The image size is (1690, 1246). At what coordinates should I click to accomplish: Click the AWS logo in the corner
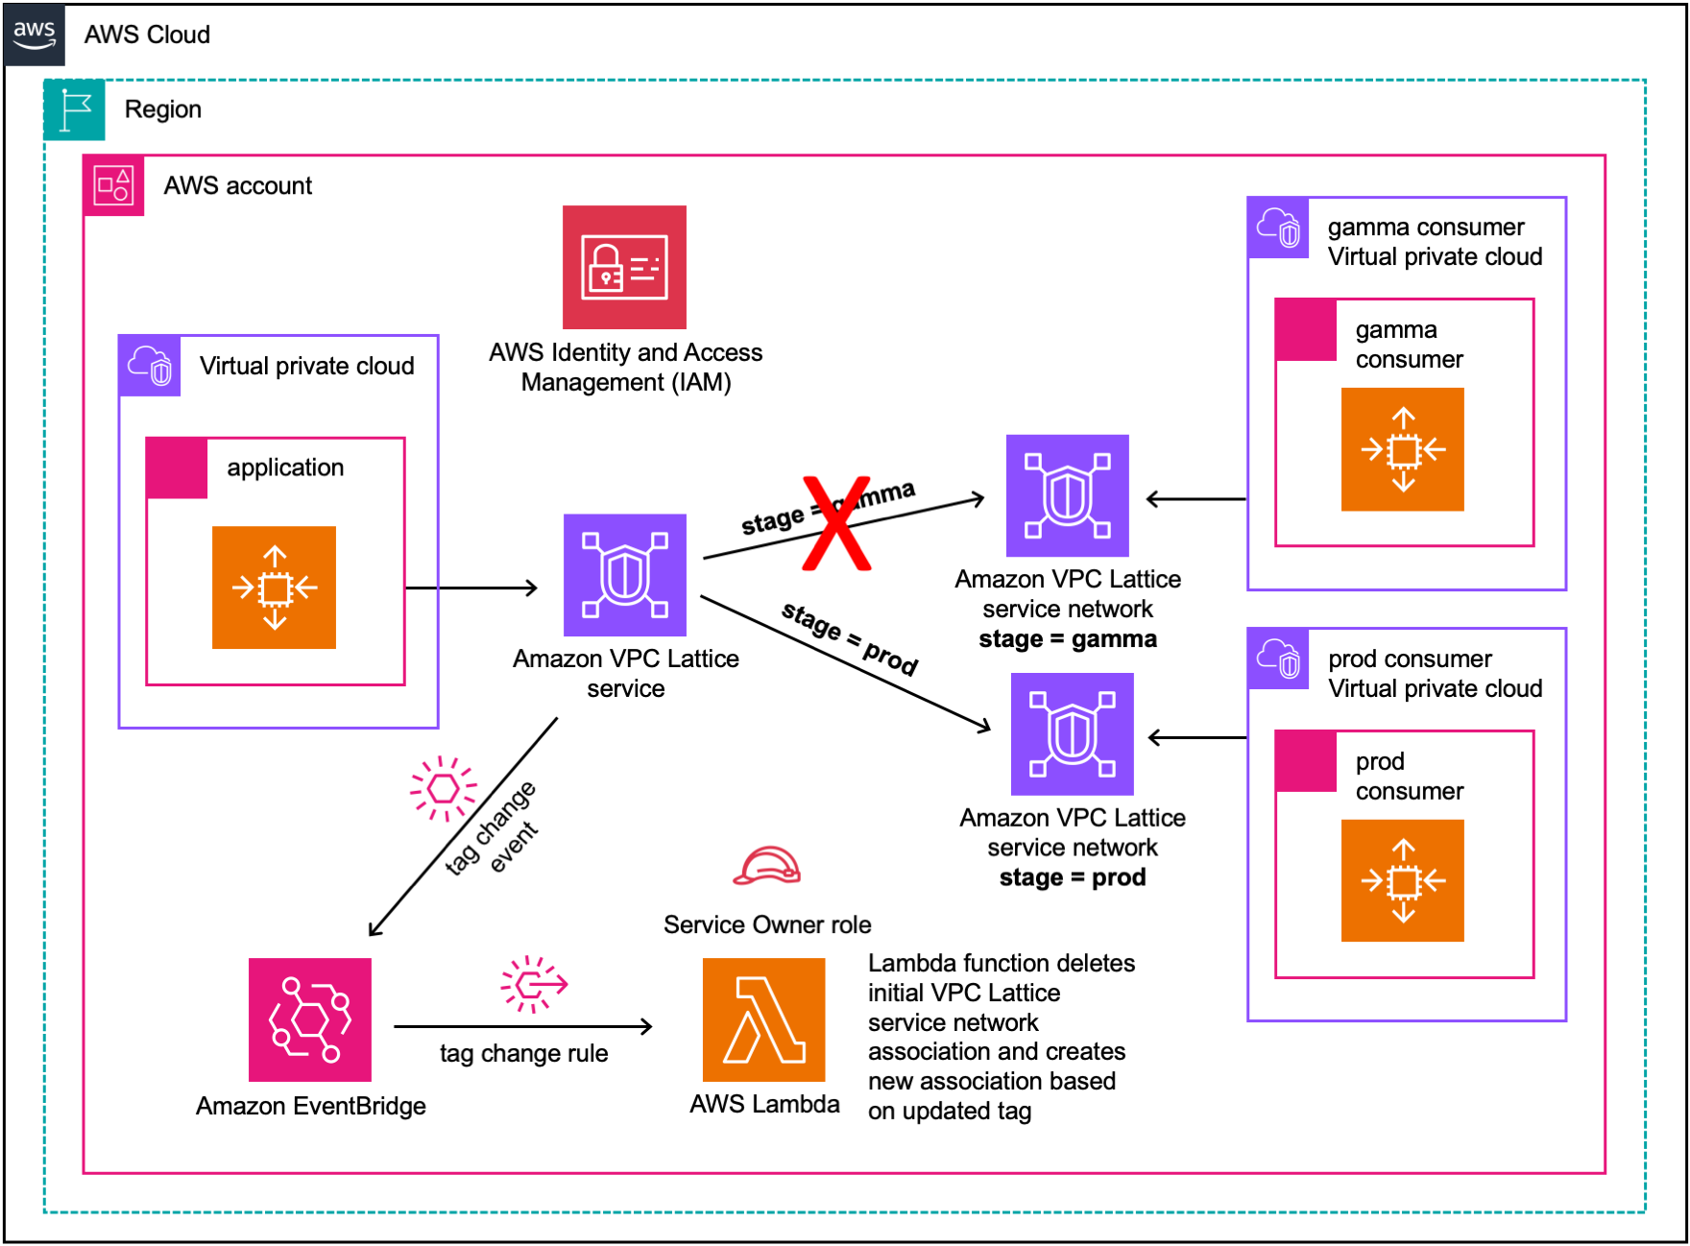coord(35,34)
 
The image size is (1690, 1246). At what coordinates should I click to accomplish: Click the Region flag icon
coord(74,109)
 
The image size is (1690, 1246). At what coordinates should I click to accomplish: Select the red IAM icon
coord(624,267)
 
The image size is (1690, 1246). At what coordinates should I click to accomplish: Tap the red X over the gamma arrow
coord(836,523)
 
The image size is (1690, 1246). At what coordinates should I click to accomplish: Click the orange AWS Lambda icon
coord(763,1019)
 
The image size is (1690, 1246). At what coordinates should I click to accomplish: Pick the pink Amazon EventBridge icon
coord(309,1019)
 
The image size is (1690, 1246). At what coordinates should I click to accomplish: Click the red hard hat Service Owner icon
coord(766,867)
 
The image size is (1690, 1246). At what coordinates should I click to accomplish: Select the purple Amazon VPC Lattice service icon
coord(624,575)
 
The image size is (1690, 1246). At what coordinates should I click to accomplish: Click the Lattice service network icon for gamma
coord(1067,495)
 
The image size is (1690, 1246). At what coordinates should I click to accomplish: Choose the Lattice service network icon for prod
coord(1072,733)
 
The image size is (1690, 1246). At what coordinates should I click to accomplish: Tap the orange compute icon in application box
coord(274,587)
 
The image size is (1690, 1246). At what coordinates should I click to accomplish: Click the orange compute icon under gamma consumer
coord(1402,449)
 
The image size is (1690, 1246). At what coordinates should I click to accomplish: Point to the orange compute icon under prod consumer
coord(1402,880)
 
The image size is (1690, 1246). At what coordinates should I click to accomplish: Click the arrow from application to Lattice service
coord(471,587)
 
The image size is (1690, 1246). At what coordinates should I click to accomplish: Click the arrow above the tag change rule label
coord(523,1027)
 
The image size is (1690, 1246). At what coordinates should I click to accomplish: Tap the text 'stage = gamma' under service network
coord(1067,639)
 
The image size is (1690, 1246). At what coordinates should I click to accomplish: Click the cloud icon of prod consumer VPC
coord(1278,659)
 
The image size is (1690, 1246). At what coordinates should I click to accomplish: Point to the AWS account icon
coord(113,185)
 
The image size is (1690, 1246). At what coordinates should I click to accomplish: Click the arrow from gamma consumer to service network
coord(1196,499)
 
